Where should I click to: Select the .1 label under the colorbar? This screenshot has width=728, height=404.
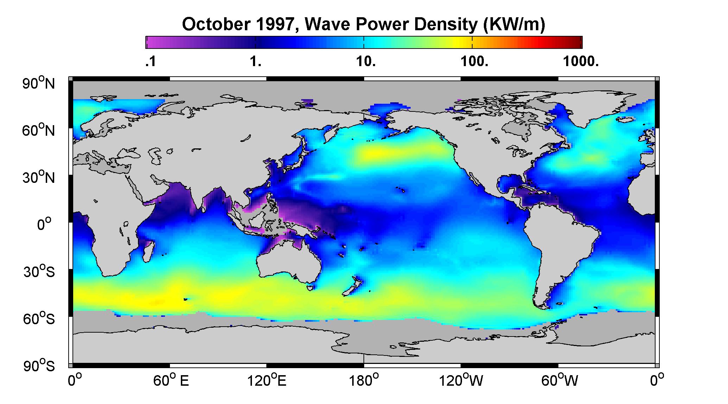coord(150,62)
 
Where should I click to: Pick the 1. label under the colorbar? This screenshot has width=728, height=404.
coord(256,62)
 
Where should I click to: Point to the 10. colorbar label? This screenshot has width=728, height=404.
coord(366,62)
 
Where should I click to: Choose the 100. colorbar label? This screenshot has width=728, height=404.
coord(474,62)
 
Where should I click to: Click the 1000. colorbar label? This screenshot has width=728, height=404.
coord(581,62)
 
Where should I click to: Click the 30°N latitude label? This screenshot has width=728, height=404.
coord(39,177)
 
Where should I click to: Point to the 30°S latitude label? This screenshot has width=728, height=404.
coord(39,271)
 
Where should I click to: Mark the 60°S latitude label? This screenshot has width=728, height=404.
coord(39,319)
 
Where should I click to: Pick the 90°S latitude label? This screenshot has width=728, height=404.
coord(39,366)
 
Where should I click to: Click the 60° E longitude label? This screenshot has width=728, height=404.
coord(171,381)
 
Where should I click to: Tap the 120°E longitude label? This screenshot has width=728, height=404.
coord(267,381)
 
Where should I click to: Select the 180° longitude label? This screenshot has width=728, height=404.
coord(364,381)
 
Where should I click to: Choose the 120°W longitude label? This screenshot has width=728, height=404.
coord(461,381)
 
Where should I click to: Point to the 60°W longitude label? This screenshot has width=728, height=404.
coord(559,381)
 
